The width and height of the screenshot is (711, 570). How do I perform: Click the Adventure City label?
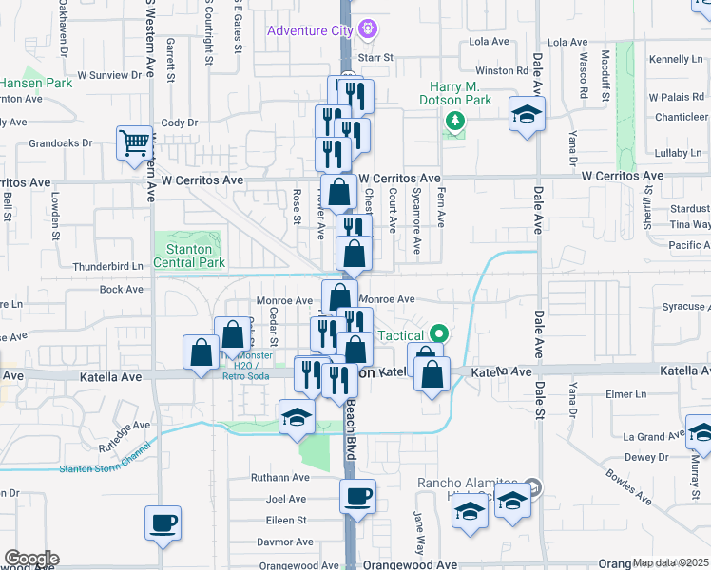(x=310, y=30)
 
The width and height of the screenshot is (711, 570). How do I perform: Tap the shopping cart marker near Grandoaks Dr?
(x=134, y=143)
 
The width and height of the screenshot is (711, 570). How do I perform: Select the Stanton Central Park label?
(x=187, y=256)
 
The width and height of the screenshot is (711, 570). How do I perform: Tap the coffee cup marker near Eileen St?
(x=357, y=496)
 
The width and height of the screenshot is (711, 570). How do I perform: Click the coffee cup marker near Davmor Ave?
(x=163, y=522)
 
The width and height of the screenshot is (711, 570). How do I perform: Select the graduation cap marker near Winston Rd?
(x=526, y=116)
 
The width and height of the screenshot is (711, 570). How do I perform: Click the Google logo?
(x=30, y=559)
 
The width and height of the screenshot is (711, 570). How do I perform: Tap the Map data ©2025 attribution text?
(x=671, y=563)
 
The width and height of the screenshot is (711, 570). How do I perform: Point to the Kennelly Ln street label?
(x=676, y=59)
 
